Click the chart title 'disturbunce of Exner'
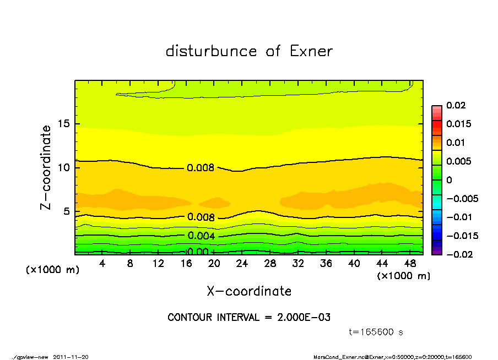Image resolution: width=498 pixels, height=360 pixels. tap(249, 52)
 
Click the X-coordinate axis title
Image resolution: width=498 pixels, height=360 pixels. tap(249, 291)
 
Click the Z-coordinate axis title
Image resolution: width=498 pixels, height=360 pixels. tap(46, 167)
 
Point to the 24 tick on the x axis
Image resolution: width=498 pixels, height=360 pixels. tap(242, 264)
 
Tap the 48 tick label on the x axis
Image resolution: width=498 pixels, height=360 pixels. tap(410, 264)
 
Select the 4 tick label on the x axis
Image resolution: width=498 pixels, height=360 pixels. tap(102, 264)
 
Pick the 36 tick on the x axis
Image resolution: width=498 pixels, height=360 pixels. tap(326, 264)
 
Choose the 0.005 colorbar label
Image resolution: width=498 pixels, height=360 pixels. tap(458, 161)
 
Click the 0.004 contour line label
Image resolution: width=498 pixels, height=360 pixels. tap(201, 236)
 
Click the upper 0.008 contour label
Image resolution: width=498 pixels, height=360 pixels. tap(201, 168)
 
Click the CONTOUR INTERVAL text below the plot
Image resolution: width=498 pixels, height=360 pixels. tap(249, 318)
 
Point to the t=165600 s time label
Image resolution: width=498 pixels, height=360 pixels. tap(377, 332)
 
